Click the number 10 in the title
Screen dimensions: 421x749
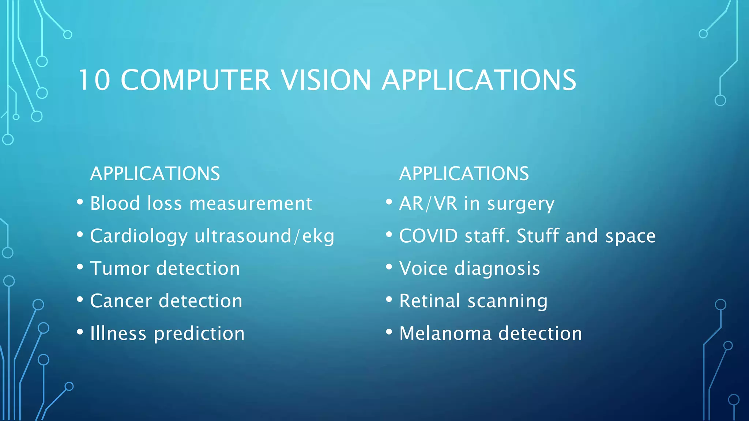click(94, 80)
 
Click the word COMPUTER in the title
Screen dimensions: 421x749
click(196, 80)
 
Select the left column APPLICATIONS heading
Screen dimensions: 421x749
click(155, 174)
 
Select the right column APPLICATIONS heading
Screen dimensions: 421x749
click(464, 174)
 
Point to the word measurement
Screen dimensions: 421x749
click(251, 203)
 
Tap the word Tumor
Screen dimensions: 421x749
click(120, 268)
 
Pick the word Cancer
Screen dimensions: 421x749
click(121, 301)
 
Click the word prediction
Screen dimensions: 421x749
click(199, 334)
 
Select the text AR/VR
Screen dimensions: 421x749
click(428, 203)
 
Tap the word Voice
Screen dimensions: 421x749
click(424, 268)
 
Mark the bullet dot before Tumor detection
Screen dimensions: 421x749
click(80, 267)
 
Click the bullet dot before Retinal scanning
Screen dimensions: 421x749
click(389, 300)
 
